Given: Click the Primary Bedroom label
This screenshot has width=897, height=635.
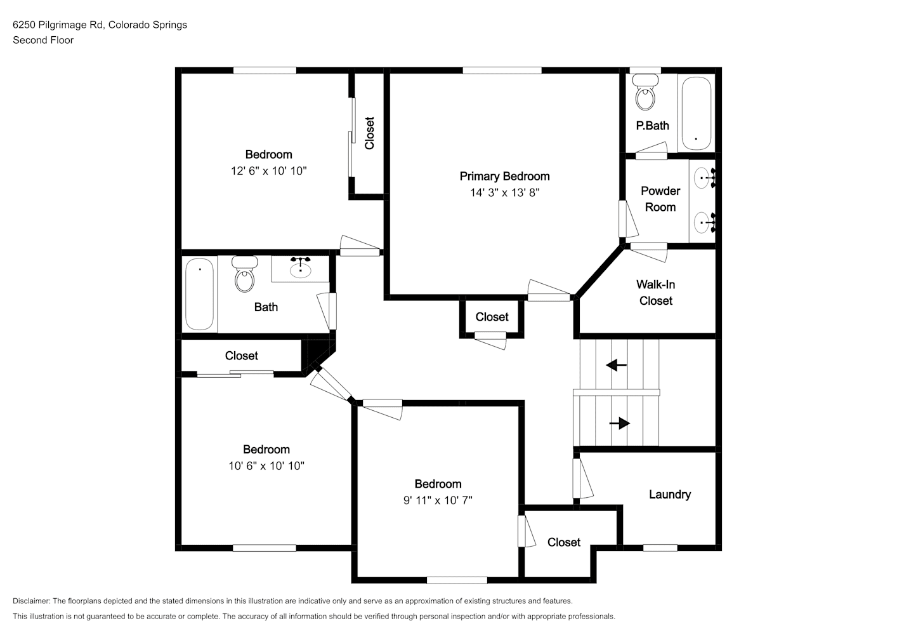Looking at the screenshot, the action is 504,177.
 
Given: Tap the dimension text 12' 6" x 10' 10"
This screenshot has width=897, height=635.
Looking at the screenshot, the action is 269,171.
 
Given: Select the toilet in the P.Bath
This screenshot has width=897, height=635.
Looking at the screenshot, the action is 645,92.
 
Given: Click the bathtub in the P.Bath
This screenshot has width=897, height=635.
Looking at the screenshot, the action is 697,114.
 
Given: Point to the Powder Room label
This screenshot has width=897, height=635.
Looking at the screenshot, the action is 660,199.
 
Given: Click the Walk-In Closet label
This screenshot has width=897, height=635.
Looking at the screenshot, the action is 656,293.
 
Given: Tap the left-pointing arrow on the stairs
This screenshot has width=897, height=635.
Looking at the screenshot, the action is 616,365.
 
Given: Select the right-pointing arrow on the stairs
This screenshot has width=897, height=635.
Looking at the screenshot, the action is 620,423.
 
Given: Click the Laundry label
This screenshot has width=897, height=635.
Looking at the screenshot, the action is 670,495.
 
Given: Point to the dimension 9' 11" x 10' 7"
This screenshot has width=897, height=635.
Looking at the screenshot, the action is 438,500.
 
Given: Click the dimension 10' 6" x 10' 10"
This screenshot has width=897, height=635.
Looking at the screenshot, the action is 266,466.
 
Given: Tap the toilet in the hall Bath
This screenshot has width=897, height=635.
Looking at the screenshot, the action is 245,274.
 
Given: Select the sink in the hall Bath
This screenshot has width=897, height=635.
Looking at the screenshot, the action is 300,269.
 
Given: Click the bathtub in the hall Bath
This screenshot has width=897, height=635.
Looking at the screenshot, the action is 199,294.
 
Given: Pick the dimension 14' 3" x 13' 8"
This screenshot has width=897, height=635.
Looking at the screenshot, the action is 504,193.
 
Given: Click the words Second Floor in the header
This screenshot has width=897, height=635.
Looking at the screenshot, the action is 43,40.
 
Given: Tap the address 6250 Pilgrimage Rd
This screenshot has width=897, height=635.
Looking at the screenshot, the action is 59,25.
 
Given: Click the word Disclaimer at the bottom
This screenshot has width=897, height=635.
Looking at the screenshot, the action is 32,601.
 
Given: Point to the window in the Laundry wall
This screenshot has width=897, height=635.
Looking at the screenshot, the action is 660,548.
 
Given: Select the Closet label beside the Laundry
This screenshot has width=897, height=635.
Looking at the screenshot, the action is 564,542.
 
